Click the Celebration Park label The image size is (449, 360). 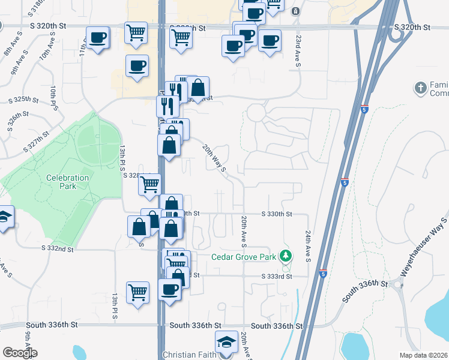pyautogui.click(x=67, y=182)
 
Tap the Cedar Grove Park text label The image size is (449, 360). pyautogui.click(x=243, y=257)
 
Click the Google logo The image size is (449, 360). pyautogui.click(x=20, y=352)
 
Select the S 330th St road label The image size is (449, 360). pyautogui.click(x=277, y=214)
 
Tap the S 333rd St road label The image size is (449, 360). pyautogui.click(x=277, y=276)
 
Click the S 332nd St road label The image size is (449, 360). pyautogui.click(x=58, y=248)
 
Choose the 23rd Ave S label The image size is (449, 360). pyautogui.click(x=298, y=50)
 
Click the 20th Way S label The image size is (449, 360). pyautogui.click(x=213, y=158)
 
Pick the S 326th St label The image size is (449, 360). pyautogui.click(x=19, y=122)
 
